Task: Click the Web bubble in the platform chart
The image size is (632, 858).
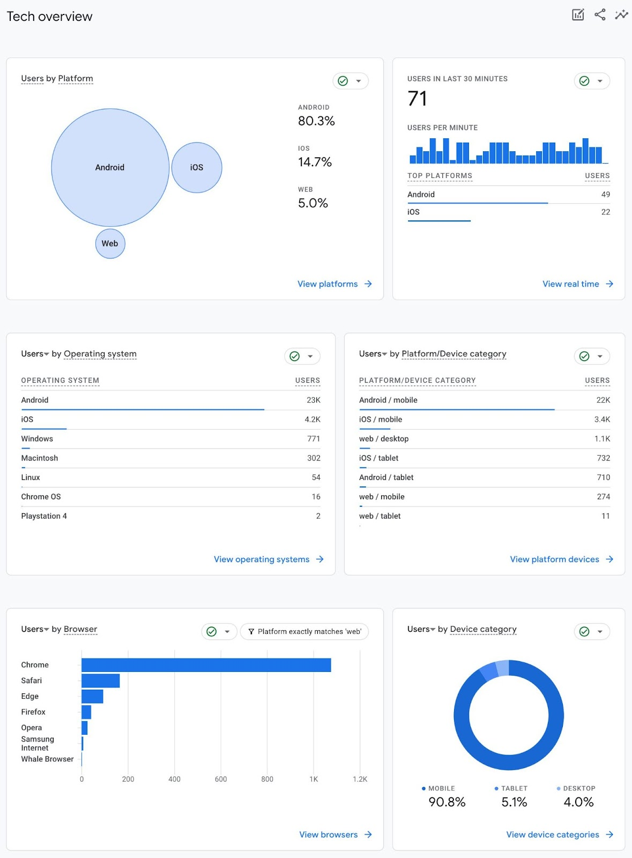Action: pos(110,243)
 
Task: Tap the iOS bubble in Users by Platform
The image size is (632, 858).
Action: pos(197,167)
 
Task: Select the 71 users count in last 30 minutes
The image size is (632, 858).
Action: pos(417,99)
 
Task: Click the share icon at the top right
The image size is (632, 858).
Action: pos(600,15)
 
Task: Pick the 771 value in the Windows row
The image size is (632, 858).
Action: pos(314,439)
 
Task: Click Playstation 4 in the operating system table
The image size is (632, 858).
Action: pos(44,516)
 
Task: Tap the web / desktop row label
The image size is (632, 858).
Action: pos(384,439)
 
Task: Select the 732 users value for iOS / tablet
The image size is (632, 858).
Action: pos(604,458)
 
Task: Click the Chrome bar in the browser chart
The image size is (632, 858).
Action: pos(206,665)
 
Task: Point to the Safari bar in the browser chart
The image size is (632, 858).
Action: pos(100,681)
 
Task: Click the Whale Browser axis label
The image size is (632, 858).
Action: pos(47,759)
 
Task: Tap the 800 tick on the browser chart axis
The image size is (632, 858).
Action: pos(267,779)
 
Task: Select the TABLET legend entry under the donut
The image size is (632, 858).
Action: pos(514,788)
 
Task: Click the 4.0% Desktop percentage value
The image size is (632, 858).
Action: pos(578,802)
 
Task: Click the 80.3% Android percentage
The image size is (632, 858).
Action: pos(316,121)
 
